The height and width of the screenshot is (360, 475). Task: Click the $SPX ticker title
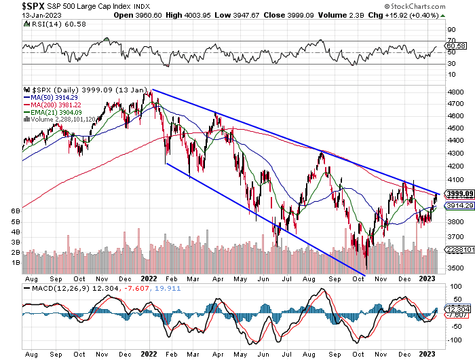point(16,6)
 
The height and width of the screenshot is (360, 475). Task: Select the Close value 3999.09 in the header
point(281,15)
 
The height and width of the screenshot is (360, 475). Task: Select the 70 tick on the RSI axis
point(451,40)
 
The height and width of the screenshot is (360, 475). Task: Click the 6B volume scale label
point(14,211)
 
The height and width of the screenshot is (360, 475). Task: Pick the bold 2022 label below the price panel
point(148,278)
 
